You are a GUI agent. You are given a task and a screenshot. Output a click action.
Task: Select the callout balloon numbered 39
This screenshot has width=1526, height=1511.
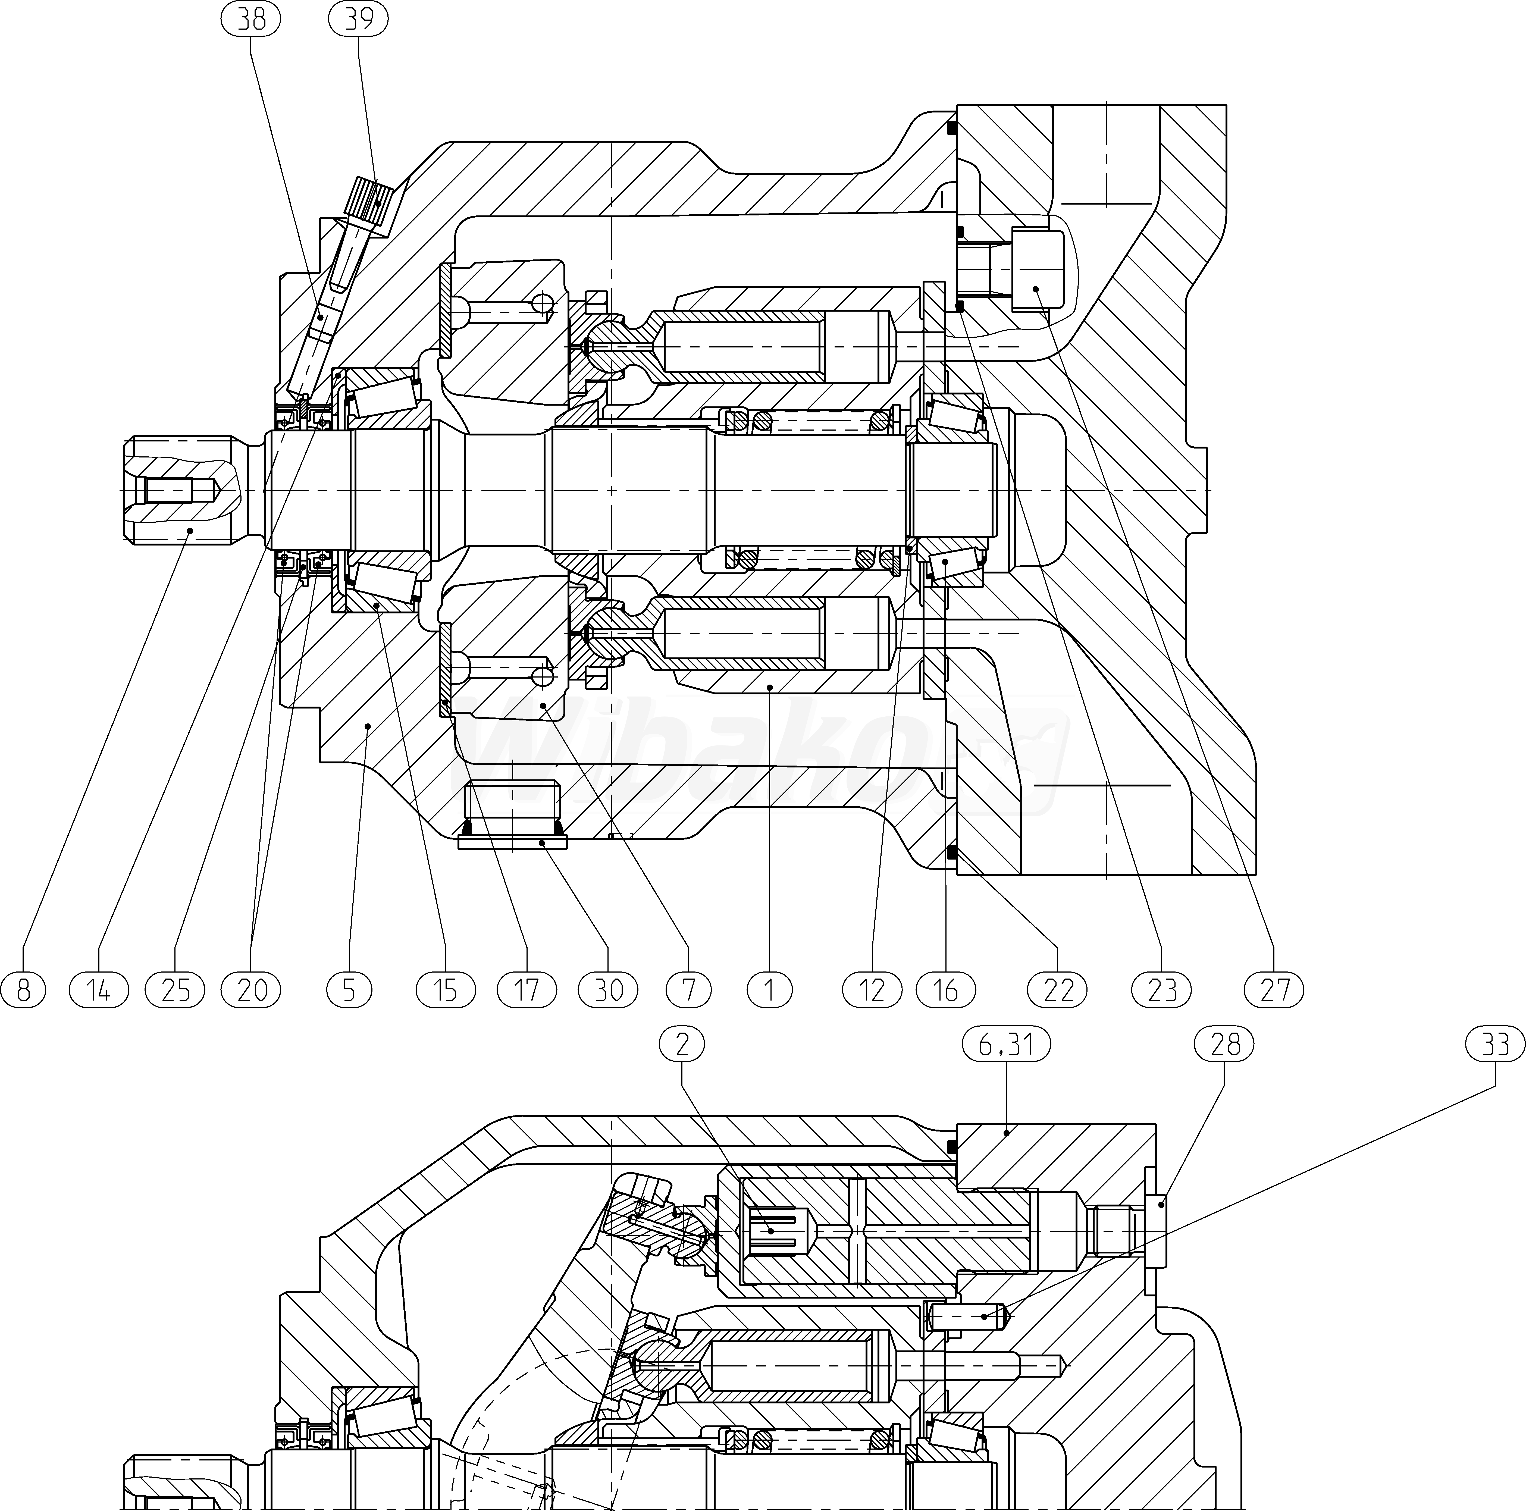pyautogui.click(x=359, y=20)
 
